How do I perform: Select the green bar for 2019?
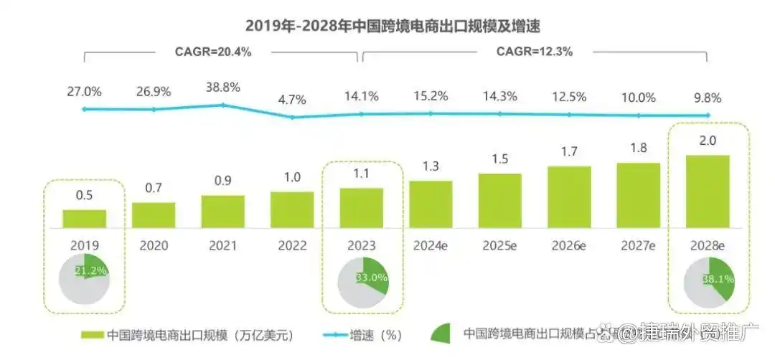coord(84,218)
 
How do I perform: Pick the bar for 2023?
coord(361,207)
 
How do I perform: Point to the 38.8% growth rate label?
coord(223,86)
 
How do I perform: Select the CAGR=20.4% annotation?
coord(213,52)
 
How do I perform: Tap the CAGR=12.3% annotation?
coord(535,52)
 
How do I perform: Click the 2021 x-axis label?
coord(223,245)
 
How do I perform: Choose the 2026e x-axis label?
coord(569,245)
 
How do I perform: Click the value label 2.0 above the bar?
coord(708,141)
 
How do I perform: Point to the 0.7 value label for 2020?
coord(154,188)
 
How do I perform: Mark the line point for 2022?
coord(292,117)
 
